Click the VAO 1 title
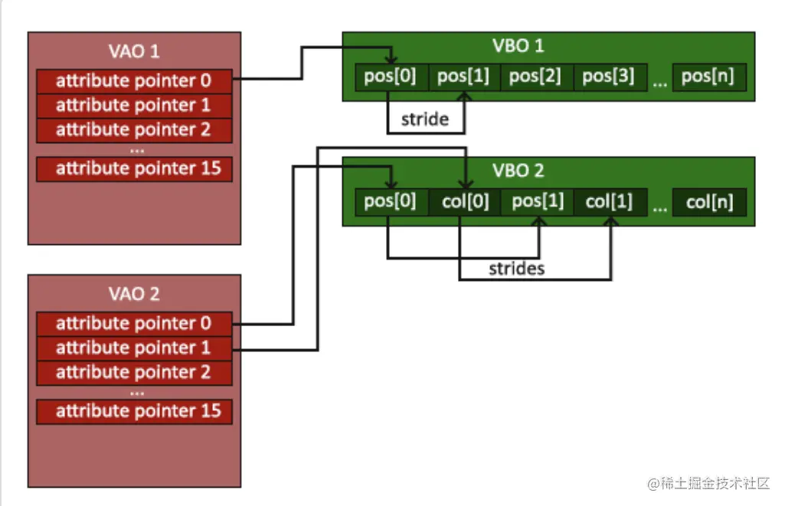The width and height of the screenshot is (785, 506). (x=134, y=52)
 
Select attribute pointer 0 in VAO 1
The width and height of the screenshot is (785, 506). (x=134, y=80)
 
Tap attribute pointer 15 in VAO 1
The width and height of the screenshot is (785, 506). (x=134, y=168)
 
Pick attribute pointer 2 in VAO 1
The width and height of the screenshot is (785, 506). (x=134, y=129)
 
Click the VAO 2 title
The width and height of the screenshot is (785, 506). (x=134, y=294)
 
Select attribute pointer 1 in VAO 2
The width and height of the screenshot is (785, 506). (x=134, y=348)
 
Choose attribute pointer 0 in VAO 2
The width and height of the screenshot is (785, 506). (x=134, y=323)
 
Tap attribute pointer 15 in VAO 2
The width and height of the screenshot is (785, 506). (x=134, y=411)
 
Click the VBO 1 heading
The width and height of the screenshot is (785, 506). (x=518, y=46)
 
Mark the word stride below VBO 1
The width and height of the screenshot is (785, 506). (x=424, y=120)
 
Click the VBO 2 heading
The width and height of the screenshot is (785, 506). (x=518, y=170)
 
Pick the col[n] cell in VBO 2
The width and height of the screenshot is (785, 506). (x=709, y=202)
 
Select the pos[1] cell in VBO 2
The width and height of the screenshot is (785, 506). (x=537, y=202)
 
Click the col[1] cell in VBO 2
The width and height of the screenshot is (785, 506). (x=610, y=202)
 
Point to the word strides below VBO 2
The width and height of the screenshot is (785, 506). (x=517, y=269)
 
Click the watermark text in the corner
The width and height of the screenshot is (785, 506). (x=708, y=484)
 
